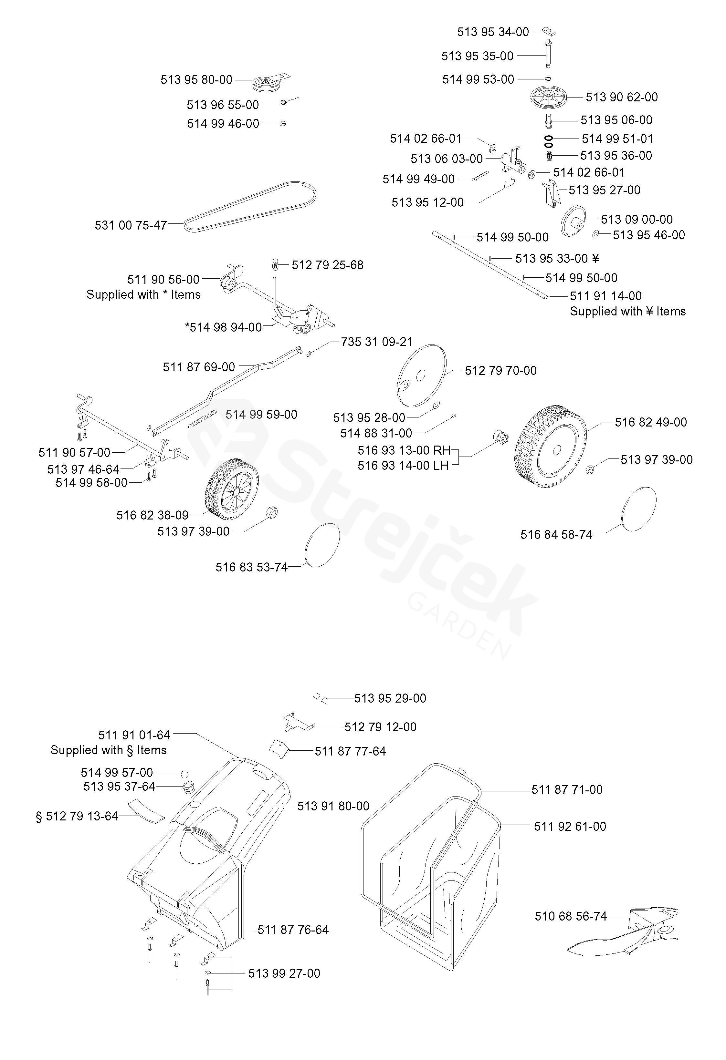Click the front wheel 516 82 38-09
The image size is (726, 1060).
232,489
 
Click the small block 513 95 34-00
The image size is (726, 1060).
549,31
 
